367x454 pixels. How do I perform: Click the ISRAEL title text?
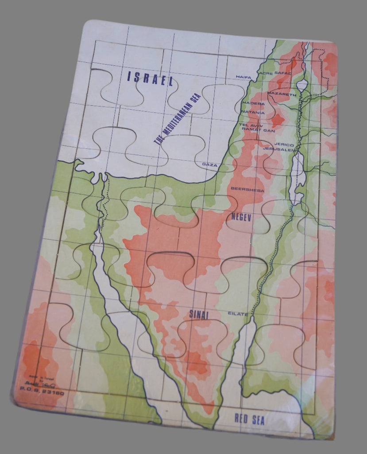point(150,78)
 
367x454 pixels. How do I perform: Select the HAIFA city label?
point(243,77)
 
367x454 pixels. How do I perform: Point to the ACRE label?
point(266,74)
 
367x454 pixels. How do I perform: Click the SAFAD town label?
point(283,72)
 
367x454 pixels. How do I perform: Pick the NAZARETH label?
point(282,95)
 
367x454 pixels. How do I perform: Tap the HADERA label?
point(253,103)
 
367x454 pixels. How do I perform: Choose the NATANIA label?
point(253,113)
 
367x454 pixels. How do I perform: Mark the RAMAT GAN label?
point(258,131)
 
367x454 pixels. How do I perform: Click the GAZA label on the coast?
point(210,164)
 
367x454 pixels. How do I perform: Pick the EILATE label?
point(238,314)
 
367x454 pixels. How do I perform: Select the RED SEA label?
point(250,419)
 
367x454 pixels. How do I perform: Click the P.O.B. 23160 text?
point(42,393)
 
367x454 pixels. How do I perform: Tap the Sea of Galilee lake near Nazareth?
point(302,84)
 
